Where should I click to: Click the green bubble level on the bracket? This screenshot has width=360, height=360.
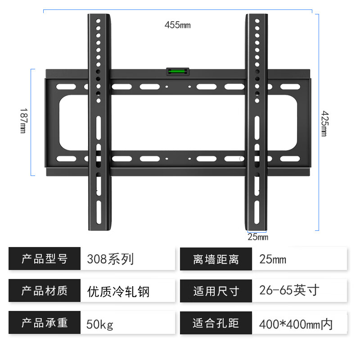click(x=178, y=72)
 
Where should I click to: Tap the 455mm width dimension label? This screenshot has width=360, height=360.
click(x=177, y=25)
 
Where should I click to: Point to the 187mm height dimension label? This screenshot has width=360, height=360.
click(x=23, y=121)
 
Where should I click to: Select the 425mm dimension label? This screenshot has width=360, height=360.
click(x=324, y=123)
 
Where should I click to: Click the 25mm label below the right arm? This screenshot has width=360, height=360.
click(x=258, y=237)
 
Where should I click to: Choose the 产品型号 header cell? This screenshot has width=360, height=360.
click(x=45, y=258)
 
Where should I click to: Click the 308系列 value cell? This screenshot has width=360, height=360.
click(x=128, y=258)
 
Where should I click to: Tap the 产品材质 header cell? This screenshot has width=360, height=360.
click(x=45, y=290)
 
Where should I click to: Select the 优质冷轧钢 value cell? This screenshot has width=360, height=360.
click(x=128, y=290)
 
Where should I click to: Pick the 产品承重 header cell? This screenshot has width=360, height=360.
click(x=45, y=322)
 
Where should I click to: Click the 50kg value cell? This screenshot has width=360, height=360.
click(x=128, y=322)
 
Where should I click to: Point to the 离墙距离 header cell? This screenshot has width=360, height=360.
click(x=216, y=259)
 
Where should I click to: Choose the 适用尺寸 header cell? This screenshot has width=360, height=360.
click(x=216, y=291)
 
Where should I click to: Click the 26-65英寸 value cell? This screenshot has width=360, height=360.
click(x=299, y=291)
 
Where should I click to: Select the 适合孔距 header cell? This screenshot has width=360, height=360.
click(x=216, y=323)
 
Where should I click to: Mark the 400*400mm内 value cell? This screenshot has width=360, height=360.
click(x=299, y=323)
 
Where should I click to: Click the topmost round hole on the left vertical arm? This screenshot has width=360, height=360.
click(x=98, y=21)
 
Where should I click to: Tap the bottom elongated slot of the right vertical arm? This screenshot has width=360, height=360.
click(x=257, y=212)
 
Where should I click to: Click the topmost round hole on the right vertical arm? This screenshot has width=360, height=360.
click(x=257, y=21)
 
